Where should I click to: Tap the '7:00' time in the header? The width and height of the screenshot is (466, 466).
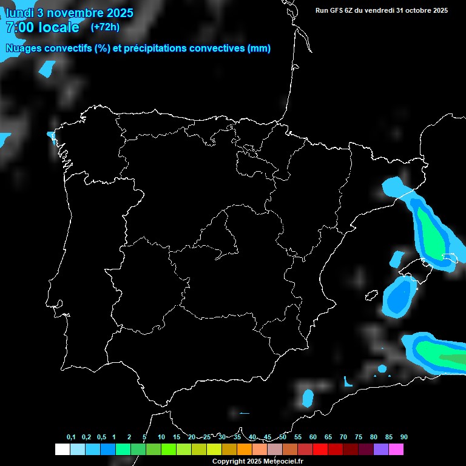click(x=21, y=27)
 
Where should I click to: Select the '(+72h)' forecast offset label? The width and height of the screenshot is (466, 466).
click(x=105, y=27)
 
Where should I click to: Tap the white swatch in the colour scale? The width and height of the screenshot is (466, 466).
click(x=62, y=449)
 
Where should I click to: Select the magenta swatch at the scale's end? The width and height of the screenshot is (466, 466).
click(x=396, y=449)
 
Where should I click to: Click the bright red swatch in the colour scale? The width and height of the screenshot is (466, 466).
click(x=320, y=449)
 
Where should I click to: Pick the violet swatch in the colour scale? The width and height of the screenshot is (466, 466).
click(x=381, y=449)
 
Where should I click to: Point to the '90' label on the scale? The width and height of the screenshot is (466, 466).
click(x=404, y=437)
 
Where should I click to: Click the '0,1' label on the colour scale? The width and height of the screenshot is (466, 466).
click(x=71, y=437)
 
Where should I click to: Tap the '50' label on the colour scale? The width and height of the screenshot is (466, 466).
click(x=283, y=437)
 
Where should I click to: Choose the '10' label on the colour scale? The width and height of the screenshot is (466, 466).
click(x=161, y=437)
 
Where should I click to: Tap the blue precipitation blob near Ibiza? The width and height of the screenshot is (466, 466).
click(x=398, y=297)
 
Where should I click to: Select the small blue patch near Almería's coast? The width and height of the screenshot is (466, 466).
click(x=308, y=398)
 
